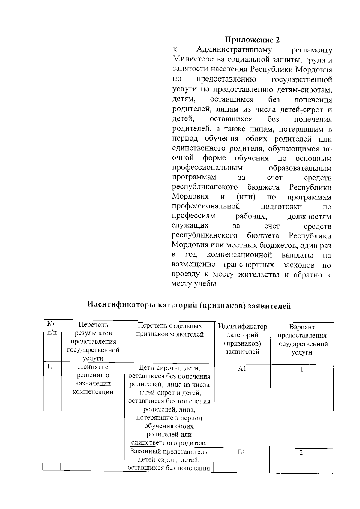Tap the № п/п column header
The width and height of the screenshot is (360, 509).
[52, 328]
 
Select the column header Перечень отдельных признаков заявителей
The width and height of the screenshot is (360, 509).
[170, 330]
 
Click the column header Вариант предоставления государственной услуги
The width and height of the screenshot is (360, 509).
[302, 340]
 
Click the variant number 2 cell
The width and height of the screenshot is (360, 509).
[301, 453]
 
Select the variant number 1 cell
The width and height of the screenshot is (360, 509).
[302, 369]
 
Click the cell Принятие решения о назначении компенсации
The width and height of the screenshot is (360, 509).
[93, 379]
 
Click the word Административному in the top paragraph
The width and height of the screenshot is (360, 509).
[234, 50]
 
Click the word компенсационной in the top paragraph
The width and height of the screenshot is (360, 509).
[239, 255]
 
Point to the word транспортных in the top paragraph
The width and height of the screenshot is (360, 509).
[248, 265]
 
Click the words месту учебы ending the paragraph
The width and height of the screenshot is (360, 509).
[194, 284]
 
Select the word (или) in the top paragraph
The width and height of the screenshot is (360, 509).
[246, 197]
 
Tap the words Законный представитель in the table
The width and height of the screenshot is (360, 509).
[169, 451]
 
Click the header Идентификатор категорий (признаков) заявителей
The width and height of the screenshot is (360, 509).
[242, 339]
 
